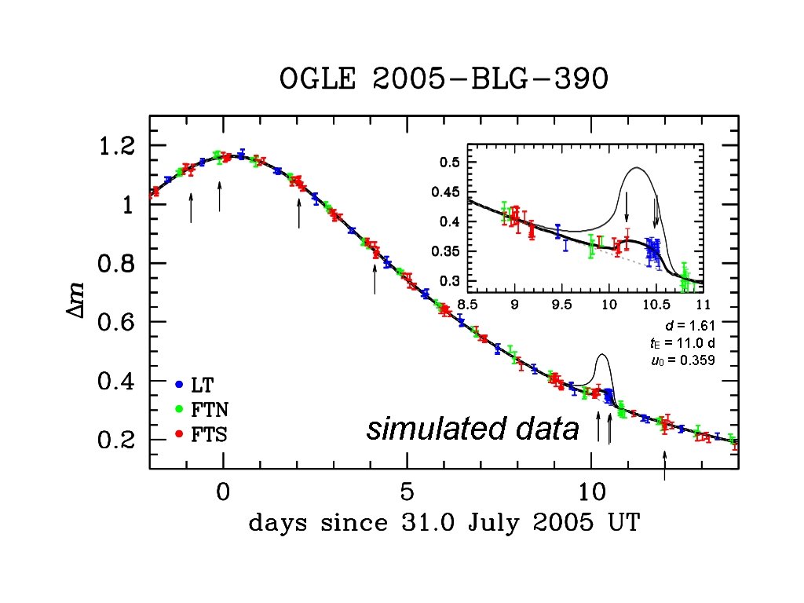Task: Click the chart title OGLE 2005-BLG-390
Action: [x=444, y=80]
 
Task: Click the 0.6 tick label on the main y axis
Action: [x=116, y=323]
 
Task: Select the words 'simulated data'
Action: [x=473, y=429]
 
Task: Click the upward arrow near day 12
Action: [x=665, y=465]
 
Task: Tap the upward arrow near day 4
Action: [x=375, y=279]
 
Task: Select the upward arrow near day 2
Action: [x=299, y=212]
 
